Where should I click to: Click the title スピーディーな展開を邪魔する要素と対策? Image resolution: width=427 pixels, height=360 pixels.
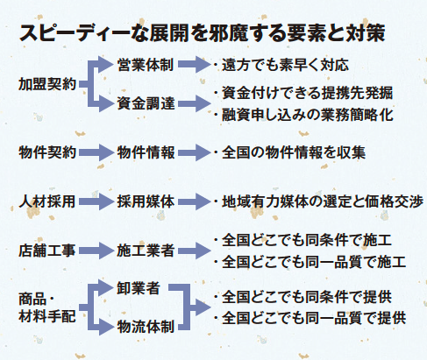click(202, 32)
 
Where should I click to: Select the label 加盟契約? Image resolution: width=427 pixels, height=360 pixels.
click(47, 84)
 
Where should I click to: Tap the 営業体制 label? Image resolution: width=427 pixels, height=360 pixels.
click(146, 65)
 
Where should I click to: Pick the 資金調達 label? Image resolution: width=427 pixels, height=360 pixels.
click(146, 103)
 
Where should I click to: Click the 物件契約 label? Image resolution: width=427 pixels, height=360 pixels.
click(47, 152)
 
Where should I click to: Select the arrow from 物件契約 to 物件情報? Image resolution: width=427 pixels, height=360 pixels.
click(96, 152)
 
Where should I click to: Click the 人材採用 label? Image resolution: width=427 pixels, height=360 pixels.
click(47, 201)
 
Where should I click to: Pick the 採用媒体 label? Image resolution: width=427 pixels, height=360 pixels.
click(146, 201)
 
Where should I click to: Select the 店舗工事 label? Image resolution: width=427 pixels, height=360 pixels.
click(47, 251)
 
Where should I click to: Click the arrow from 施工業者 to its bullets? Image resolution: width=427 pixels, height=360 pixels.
click(195, 251)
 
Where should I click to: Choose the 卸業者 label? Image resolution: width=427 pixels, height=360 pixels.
click(139, 288)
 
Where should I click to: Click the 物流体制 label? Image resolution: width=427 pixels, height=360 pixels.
click(146, 327)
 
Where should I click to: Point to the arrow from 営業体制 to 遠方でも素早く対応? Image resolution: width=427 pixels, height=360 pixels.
click(195, 65)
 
